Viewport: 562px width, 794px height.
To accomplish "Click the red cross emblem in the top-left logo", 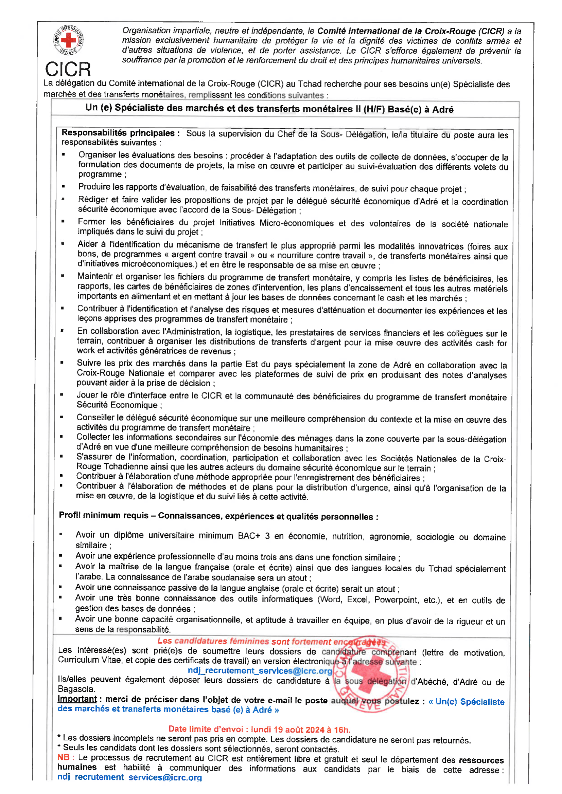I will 68,40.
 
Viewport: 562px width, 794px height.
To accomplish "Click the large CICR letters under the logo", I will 68,69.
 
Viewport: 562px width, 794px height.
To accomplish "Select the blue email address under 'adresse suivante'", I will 260,671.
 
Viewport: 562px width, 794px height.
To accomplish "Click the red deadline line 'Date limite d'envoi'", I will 259,729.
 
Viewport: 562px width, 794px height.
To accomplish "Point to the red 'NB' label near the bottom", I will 64,757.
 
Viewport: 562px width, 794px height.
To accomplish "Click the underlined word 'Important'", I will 77,699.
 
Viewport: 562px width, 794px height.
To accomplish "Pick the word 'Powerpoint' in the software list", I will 396,599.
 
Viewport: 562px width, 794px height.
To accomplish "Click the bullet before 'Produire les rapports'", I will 63,186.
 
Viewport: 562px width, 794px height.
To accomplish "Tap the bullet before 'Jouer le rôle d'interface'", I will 62,394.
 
